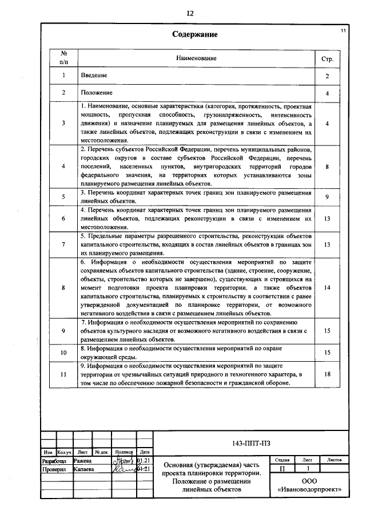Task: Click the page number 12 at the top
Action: [x=190, y=13]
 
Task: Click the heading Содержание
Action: [x=195, y=34]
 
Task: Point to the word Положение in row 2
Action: [x=96, y=93]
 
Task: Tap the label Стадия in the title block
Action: [x=281, y=460]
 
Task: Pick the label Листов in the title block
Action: [x=334, y=460]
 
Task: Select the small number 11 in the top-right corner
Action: [x=343, y=29]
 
